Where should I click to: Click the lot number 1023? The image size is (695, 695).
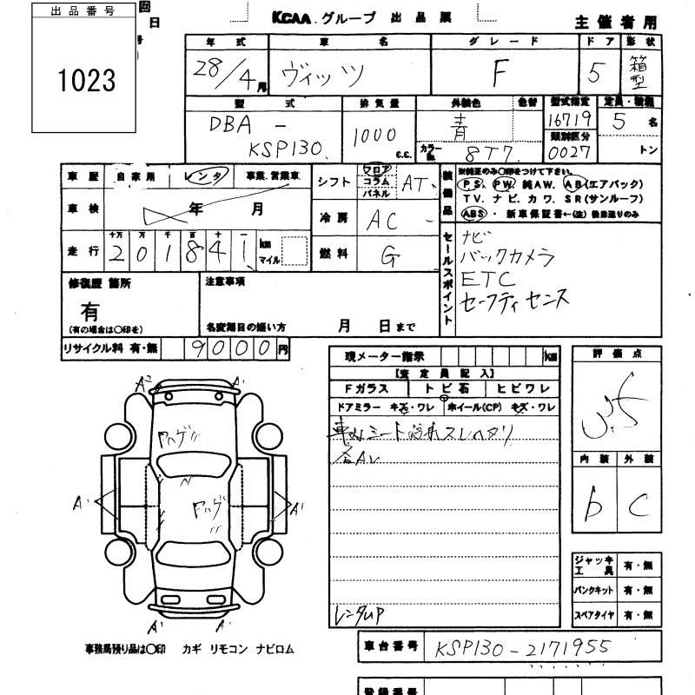86,81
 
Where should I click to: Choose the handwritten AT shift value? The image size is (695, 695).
415,182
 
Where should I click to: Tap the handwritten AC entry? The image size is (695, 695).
382,220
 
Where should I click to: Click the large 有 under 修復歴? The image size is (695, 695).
89,310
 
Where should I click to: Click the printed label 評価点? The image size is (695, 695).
615,354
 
